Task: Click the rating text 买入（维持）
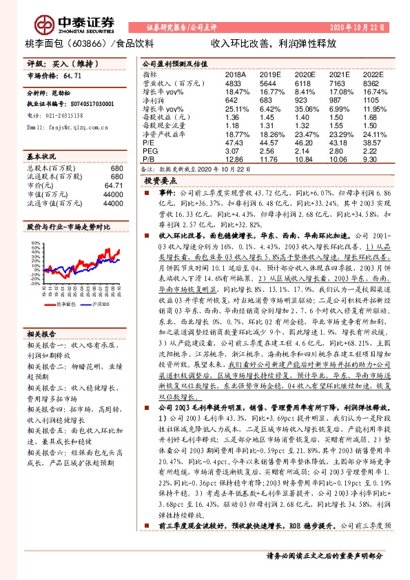pos(70,63)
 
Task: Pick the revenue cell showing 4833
pos(236,82)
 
